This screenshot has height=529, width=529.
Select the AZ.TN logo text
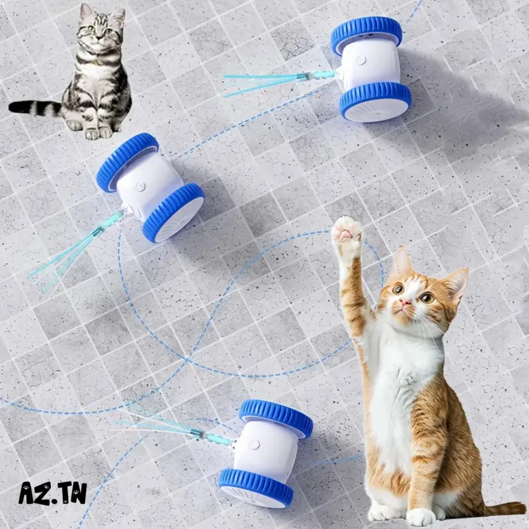tap(53, 493)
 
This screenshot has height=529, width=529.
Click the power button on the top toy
tap(361, 60)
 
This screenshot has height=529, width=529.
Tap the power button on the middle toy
tap(140, 186)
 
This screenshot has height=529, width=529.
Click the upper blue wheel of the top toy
tap(366, 34)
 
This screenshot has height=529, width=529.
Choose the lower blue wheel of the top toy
tap(375, 101)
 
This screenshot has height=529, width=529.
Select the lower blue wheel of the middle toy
tap(173, 212)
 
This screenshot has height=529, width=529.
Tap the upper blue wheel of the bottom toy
tap(276, 418)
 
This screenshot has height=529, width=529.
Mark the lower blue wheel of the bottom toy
tap(256, 487)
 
